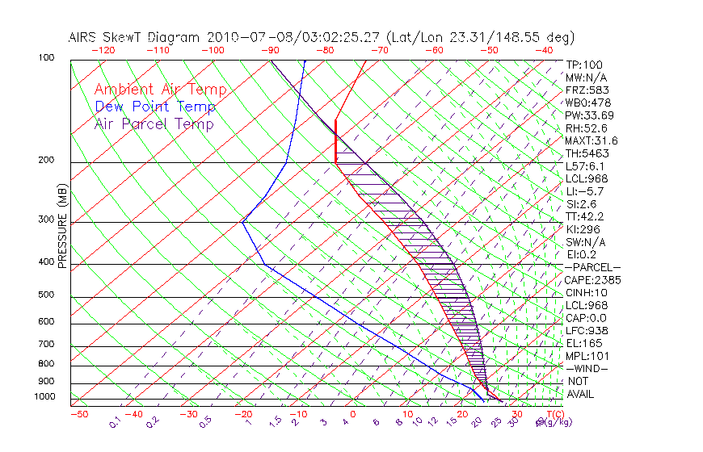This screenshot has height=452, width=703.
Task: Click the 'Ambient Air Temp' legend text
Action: click(x=160, y=90)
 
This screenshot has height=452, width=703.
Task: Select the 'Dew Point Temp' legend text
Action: click(x=154, y=107)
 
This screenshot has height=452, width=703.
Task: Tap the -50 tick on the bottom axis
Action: click(x=79, y=414)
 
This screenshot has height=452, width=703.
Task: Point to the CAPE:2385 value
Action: click(x=593, y=280)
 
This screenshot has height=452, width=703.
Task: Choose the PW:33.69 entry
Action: click(x=589, y=115)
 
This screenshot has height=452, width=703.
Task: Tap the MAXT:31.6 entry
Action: click(x=593, y=140)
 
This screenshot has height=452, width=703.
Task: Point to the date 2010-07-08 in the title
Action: click(x=240, y=37)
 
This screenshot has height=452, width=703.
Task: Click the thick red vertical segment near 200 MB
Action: click(x=335, y=140)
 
